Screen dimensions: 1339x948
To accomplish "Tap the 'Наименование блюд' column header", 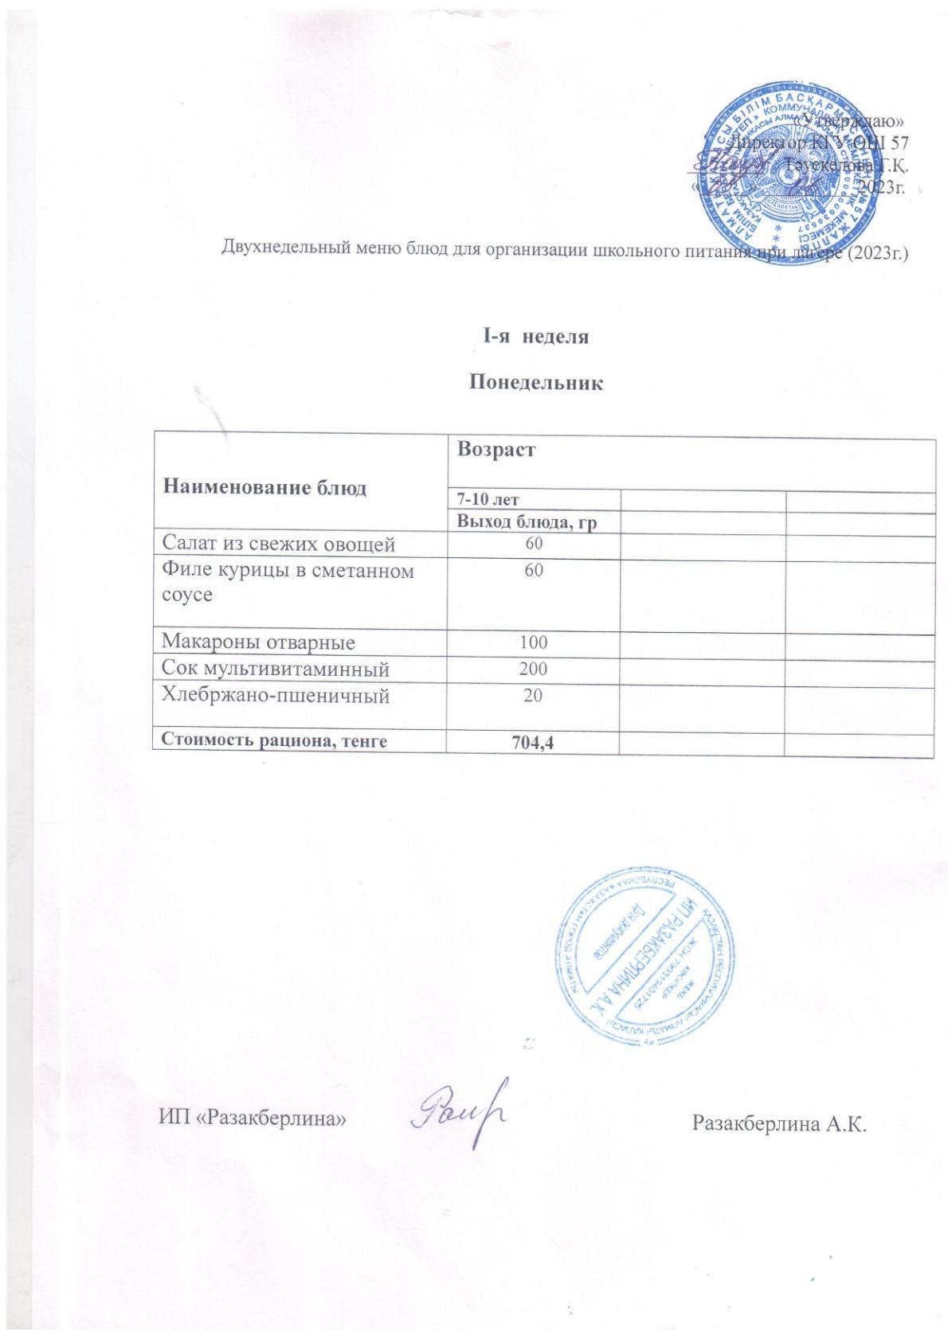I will (x=264, y=488).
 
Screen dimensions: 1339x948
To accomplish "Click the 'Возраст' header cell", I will (x=496, y=450).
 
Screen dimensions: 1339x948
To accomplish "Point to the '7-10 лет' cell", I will (x=487, y=500).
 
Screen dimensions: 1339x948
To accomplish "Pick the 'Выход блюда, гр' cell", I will (x=527, y=522).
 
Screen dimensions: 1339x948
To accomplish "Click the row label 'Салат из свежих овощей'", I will (x=279, y=545).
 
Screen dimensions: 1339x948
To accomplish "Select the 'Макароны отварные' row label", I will (x=259, y=642).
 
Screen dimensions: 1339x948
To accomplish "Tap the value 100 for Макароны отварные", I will (x=534, y=642).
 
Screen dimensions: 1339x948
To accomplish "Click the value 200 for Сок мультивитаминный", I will (x=534, y=669).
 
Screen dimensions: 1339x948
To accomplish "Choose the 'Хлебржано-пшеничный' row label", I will (x=276, y=696).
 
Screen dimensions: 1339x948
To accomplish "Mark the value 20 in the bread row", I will (x=534, y=696).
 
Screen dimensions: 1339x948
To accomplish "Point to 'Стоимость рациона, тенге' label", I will (x=275, y=741).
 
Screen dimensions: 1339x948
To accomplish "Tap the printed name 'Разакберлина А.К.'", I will (x=778, y=1124).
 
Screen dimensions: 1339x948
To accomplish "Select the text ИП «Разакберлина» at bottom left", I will (x=252, y=1118).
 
